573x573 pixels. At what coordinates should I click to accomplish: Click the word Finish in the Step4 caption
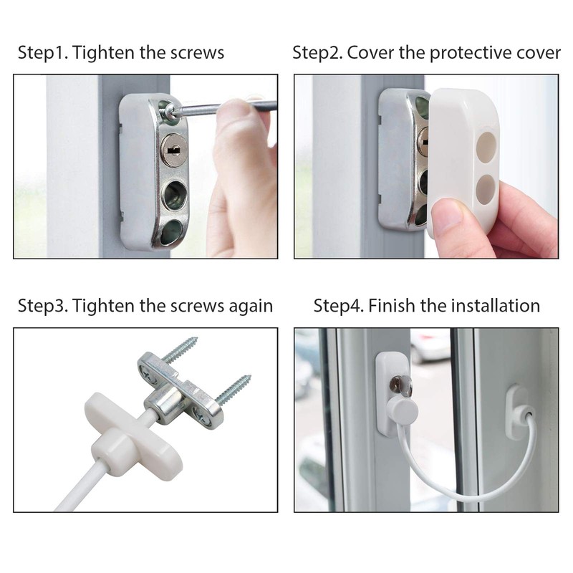396,306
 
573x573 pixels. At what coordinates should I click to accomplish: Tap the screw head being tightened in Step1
170,111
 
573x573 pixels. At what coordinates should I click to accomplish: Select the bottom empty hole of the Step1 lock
173,231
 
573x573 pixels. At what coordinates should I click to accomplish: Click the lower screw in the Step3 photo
236,390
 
